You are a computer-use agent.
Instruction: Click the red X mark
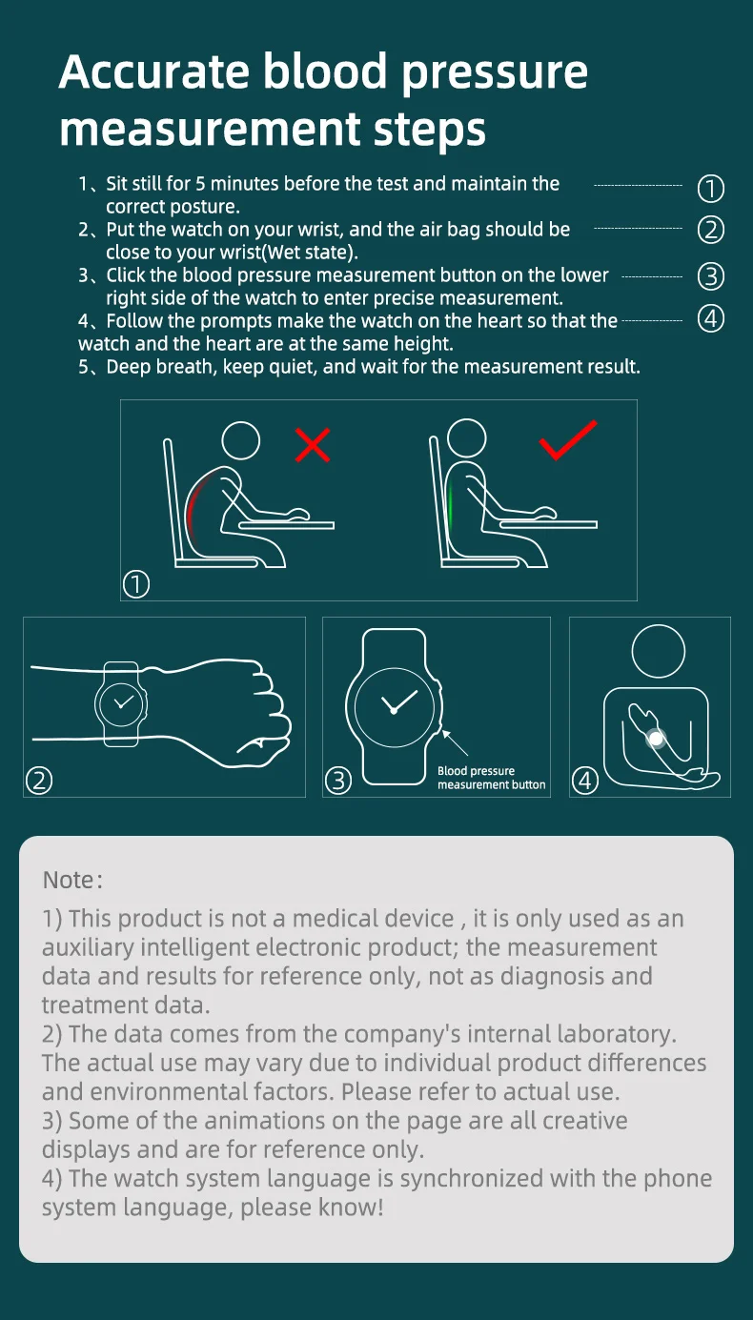coord(313,444)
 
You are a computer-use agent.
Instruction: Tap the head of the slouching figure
coord(241,440)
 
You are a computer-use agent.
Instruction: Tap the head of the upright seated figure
coord(467,438)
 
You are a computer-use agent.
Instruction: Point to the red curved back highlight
coord(193,507)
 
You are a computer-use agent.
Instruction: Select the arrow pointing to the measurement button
coord(455,742)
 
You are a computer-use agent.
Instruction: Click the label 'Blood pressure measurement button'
coord(492,778)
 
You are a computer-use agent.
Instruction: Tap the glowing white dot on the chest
coord(656,739)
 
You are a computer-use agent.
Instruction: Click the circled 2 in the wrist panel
coord(39,781)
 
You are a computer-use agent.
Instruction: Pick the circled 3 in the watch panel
coord(338,781)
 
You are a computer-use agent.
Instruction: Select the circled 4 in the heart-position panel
coord(585,781)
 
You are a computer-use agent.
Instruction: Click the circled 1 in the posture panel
coord(136,584)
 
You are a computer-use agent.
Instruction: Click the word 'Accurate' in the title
coord(153,71)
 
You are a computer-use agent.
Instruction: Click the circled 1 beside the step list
coord(710,189)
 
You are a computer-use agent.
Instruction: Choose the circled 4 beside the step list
coord(710,319)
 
